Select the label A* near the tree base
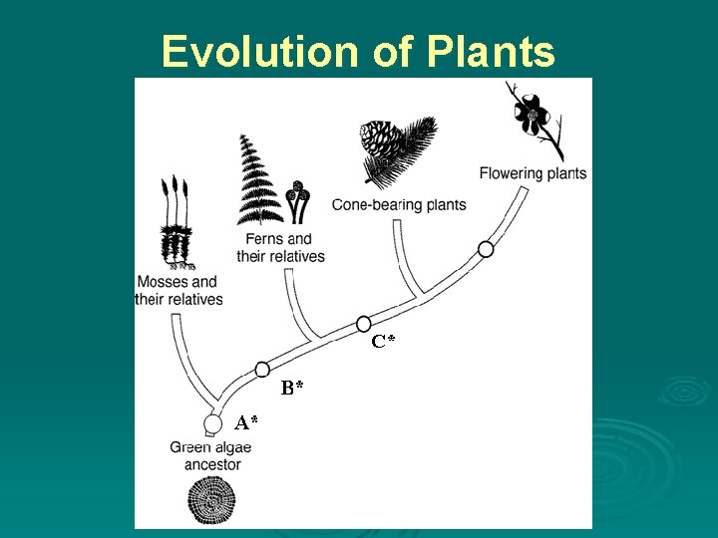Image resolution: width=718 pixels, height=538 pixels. click(246, 422)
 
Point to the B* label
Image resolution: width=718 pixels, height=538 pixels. click(292, 388)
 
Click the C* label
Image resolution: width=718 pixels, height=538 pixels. click(384, 342)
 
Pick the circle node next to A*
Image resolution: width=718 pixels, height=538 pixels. click(212, 424)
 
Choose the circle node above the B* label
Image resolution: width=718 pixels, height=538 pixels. click(262, 369)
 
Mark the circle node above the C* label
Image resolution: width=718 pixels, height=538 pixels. click(364, 324)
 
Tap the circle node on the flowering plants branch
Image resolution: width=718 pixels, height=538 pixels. click(486, 249)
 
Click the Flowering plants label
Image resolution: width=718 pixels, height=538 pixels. click(533, 173)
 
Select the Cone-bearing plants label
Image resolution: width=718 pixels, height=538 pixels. click(399, 205)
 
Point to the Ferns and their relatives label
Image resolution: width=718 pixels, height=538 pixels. click(280, 247)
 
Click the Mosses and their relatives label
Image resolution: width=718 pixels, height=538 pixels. click(179, 290)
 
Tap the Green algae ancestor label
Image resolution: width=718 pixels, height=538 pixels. click(211, 455)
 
